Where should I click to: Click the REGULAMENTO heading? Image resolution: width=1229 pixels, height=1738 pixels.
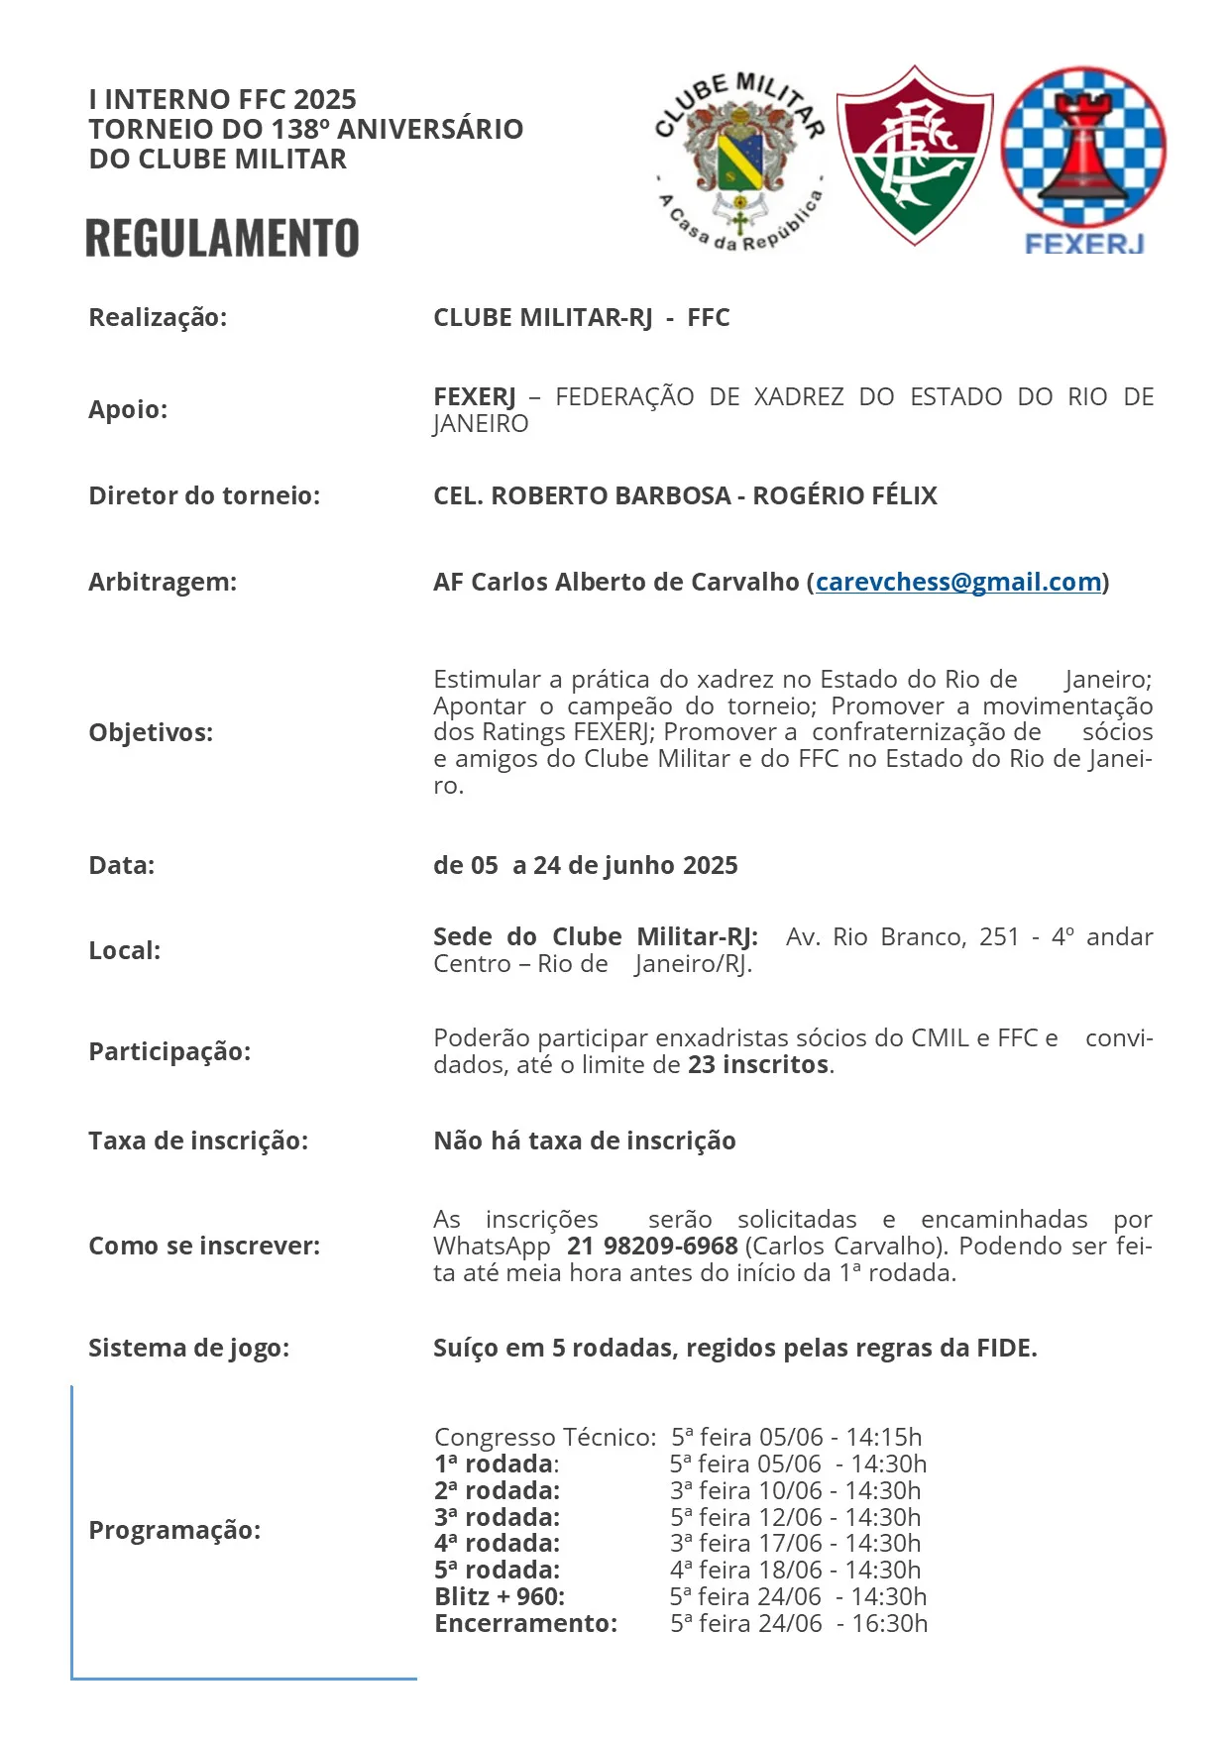[222, 239]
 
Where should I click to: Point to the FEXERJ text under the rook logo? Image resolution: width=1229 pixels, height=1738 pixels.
[1084, 244]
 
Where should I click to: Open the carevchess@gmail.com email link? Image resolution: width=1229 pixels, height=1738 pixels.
[958, 582]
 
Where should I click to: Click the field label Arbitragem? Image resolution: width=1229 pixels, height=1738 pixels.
[163, 582]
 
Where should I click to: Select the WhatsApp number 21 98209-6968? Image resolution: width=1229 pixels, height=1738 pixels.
[652, 1246]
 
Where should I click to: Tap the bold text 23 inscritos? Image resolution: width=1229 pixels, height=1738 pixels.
[758, 1065]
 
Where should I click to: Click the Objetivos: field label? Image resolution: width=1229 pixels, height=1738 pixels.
[151, 732]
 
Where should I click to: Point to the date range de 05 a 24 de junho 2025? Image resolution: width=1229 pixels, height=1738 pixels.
[585, 865]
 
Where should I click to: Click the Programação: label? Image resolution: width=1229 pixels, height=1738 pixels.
[174, 1530]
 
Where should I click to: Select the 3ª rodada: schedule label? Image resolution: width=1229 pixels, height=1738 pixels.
[497, 1517]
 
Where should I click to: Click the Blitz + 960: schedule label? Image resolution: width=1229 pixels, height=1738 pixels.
[500, 1596]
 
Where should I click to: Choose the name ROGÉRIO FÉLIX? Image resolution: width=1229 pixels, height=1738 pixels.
[844, 495]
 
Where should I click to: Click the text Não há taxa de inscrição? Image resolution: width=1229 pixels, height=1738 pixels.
[584, 1141]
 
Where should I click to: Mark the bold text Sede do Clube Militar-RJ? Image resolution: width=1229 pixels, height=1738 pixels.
[596, 937]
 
